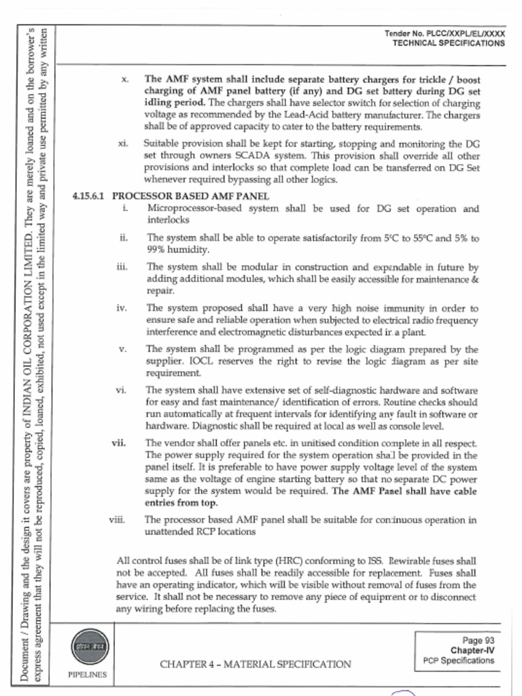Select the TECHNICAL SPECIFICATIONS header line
(x=449, y=43)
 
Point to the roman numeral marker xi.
(x=124, y=144)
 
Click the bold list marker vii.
(x=120, y=443)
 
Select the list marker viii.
(x=118, y=520)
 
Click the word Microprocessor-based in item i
(x=188, y=209)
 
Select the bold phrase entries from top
(x=181, y=504)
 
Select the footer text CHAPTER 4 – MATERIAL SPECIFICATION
(x=256, y=663)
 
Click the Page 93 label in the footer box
(x=478, y=640)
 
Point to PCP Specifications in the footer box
(x=458, y=661)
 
